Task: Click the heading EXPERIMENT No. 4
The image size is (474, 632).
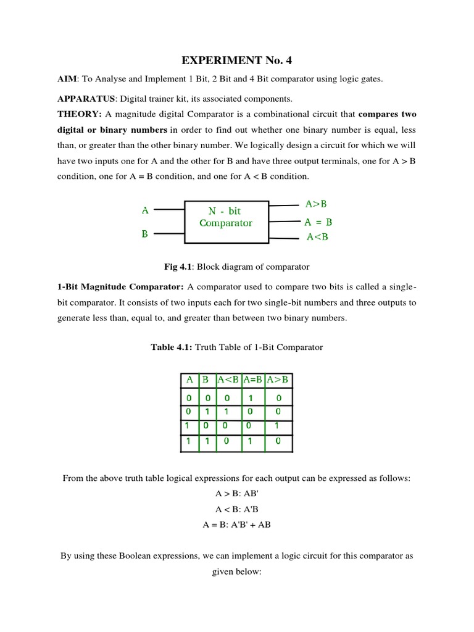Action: (x=236, y=60)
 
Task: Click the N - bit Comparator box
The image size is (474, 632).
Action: (x=226, y=217)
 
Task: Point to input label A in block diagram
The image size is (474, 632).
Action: (x=145, y=210)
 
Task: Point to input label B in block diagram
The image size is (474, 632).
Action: (x=145, y=234)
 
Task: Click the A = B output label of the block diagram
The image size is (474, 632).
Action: (x=318, y=222)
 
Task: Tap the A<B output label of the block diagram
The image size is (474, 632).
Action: (x=318, y=238)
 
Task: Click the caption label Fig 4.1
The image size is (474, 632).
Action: (x=176, y=267)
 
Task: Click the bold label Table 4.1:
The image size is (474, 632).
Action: (x=172, y=347)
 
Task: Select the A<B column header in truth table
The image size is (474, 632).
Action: (x=228, y=380)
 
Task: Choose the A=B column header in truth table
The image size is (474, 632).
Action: (x=253, y=380)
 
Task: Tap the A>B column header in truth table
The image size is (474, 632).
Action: (x=278, y=380)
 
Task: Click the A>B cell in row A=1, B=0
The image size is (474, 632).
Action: (x=278, y=426)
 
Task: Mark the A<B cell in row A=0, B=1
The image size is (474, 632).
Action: (x=228, y=410)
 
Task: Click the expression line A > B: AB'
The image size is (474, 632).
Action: (x=236, y=494)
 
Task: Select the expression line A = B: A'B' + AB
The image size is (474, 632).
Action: (x=236, y=525)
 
